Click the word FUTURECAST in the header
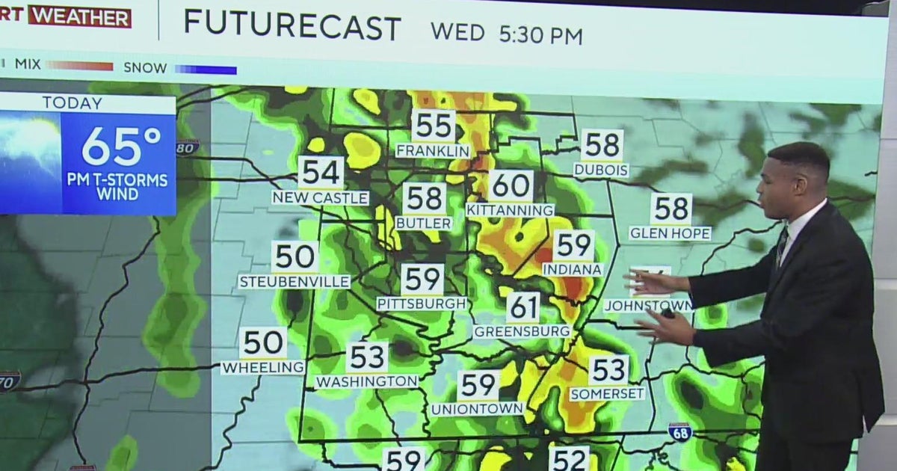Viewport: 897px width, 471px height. pos(292,27)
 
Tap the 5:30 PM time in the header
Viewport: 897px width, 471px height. pos(538,34)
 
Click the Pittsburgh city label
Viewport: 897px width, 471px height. pos(422,304)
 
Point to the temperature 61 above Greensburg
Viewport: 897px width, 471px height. pos(523,307)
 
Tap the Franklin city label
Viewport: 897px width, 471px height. pos(433,150)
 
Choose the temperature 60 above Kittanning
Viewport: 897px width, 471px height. pos(511,185)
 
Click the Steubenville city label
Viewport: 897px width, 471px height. pos(294,281)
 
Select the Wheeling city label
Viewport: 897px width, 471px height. pos(262,367)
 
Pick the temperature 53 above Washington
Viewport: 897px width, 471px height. pos(367,357)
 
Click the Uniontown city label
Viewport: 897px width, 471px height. pos(477,409)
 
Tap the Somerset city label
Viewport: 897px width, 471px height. pos(607,393)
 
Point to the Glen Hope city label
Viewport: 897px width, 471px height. pos(670,233)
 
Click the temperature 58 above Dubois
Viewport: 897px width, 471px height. pos(602,145)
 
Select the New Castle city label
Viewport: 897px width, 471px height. pos(320,197)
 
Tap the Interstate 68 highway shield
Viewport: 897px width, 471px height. pos(679,431)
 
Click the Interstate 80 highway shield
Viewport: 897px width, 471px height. pos(188,147)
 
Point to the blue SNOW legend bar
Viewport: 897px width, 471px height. pos(206,70)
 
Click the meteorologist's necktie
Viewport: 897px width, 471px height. pos(781,247)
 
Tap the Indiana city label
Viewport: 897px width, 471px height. pos(573,268)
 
